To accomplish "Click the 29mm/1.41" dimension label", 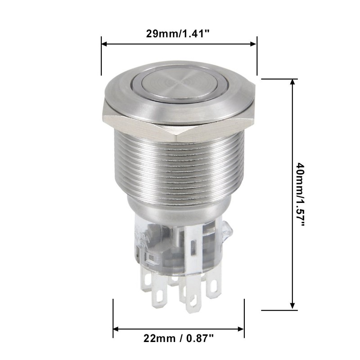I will pyautogui.click(x=178, y=33).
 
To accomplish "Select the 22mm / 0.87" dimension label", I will pyautogui.click(x=178, y=337).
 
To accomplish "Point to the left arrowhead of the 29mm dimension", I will pyautogui.click(x=103, y=44).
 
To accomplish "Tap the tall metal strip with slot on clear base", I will pyautogui.click(x=192, y=245).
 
